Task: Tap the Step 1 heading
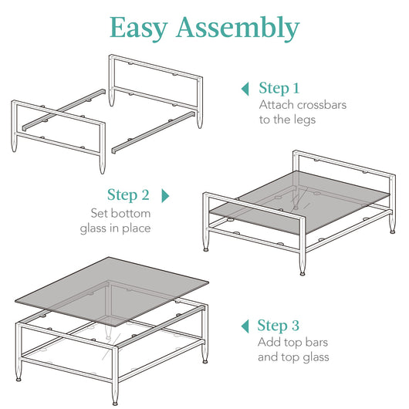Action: click(279, 89)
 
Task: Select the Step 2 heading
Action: click(128, 195)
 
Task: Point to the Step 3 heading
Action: click(278, 326)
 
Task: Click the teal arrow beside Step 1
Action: click(245, 89)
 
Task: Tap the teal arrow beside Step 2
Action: click(165, 196)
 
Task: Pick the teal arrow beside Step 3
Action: click(245, 326)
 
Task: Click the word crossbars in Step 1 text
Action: click(322, 105)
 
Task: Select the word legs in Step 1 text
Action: click(305, 120)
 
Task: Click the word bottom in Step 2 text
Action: click(130, 213)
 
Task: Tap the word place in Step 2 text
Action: click(137, 229)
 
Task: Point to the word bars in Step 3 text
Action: click(316, 342)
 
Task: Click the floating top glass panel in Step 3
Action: click(112, 292)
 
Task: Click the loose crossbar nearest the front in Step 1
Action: click(154, 133)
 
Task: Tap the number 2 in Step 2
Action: click(145, 195)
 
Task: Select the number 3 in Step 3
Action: click(295, 326)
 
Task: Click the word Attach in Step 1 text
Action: click(276, 105)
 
